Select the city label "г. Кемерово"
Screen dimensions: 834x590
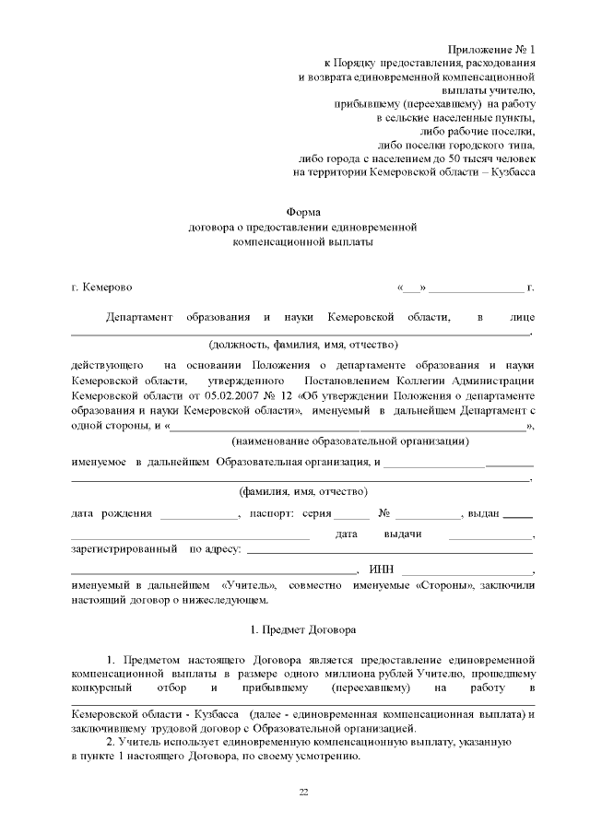click(102, 288)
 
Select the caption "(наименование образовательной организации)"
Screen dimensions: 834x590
click(349, 441)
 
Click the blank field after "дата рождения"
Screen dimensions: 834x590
click(198, 512)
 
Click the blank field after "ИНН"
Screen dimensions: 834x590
click(466, 572)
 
